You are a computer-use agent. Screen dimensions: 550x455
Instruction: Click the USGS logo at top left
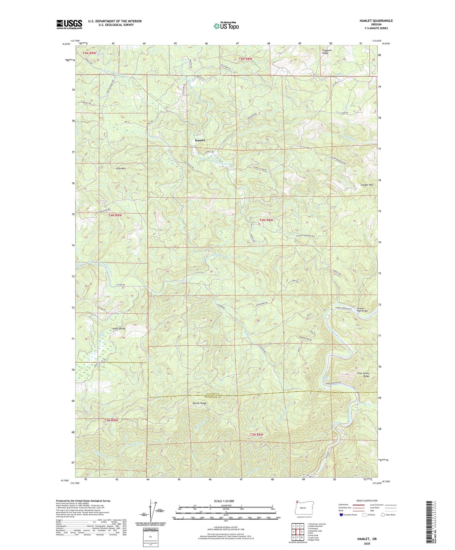tap(69, 24)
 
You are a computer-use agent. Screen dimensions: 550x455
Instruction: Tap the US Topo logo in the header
tap(226, 26)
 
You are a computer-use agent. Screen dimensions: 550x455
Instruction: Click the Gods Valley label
tap(119, 329)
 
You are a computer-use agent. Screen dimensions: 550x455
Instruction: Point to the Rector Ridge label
tap(200, 403)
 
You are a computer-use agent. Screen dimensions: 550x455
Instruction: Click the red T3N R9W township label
tap(111, 420)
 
